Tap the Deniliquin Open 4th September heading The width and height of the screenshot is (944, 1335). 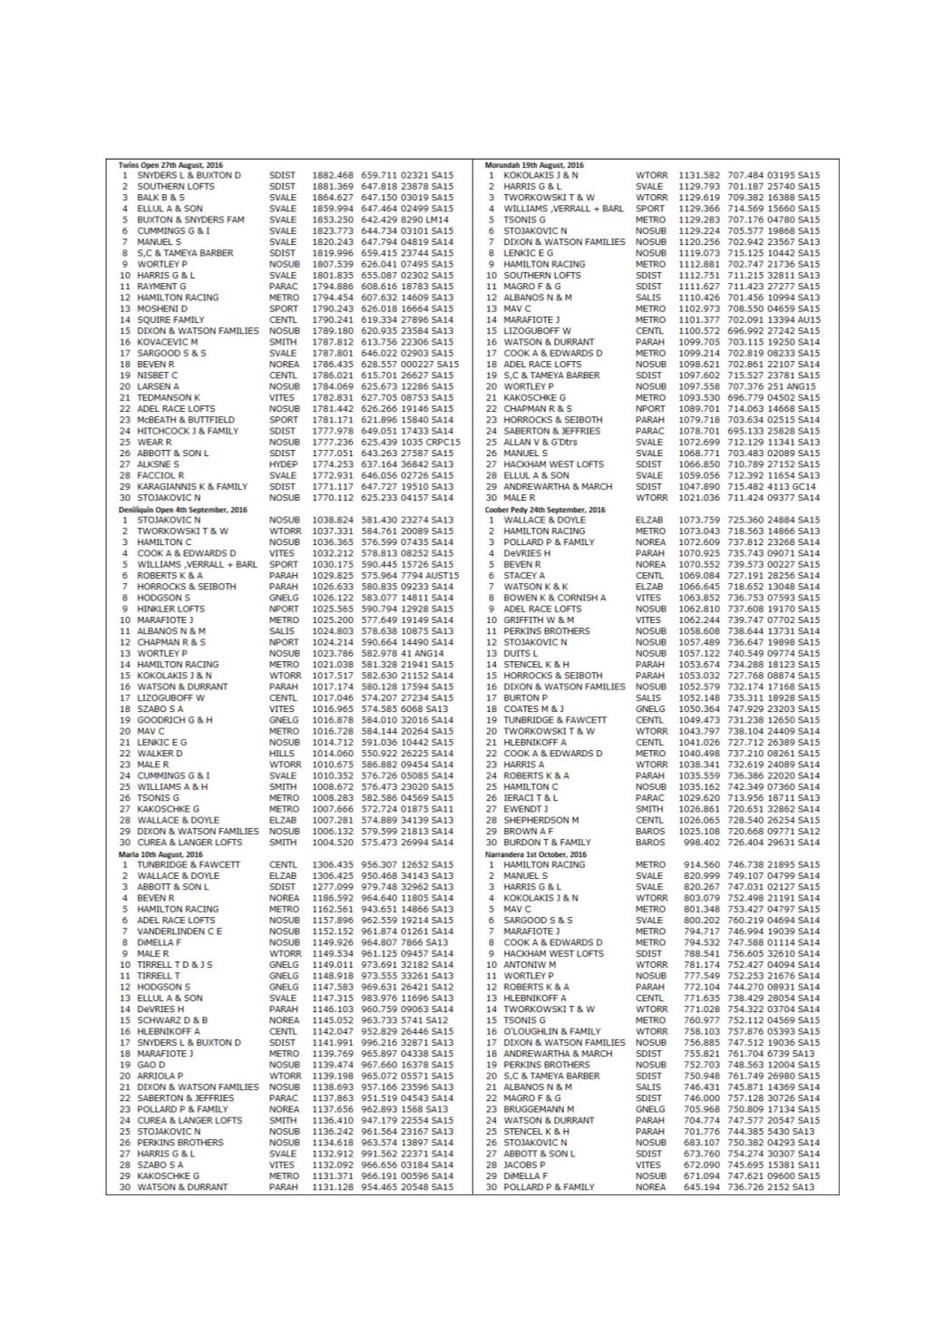coord(182,509)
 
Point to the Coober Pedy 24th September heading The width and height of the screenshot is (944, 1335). coord(544,509)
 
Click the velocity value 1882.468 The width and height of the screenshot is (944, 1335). coord(332,175)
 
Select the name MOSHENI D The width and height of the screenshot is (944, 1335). coord(162,308)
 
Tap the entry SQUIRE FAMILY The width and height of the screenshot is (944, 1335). coord(170,319)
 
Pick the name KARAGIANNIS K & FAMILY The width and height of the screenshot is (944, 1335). coord(192,486)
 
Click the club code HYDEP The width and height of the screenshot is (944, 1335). coord(283,464)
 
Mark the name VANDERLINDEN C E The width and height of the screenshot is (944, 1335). coord(180,931)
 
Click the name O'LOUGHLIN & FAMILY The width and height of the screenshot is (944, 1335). coord(552,1031)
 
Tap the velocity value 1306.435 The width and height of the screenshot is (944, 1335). coord(332,864)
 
